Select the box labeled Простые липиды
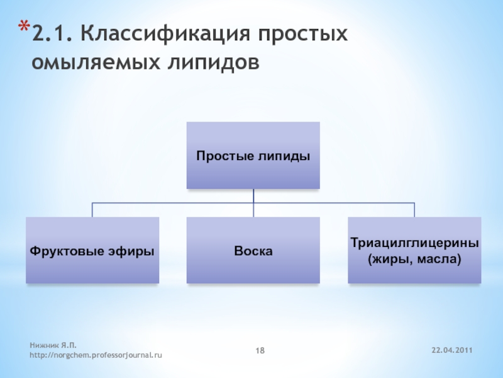[253, 156]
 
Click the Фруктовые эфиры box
[92, 250]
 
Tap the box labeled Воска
[253, 250]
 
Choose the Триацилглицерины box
[414, 250]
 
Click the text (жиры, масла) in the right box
[414, 259]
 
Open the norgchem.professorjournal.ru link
[96, 355]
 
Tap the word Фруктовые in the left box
[64, 251]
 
